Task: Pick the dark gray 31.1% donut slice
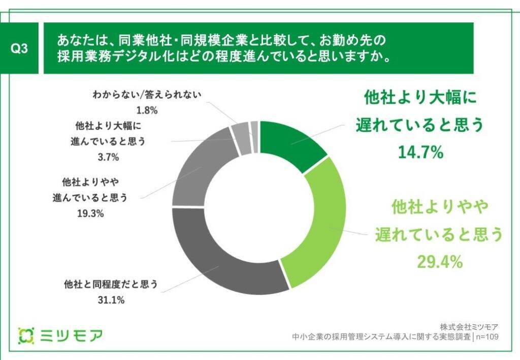pyautogui.click(x=223, y=264)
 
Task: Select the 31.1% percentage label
pyautogui.click(x=111, y=300)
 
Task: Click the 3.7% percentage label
pyautogui.click(x=108, y=157)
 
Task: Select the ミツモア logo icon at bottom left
pyautogui.click(x=26, y=335)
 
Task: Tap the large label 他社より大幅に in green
pyautogui.click(x=421, y=99)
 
